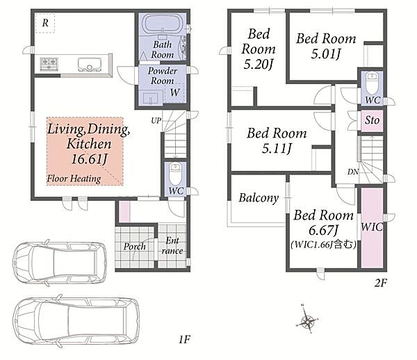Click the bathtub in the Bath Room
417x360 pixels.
point(162,24)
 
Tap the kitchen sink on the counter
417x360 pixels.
point(90,65)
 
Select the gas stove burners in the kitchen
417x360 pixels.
point(49,64)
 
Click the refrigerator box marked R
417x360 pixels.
point(45,23)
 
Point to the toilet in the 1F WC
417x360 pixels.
point(175,174)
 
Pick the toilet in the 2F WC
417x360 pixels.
point(372,83)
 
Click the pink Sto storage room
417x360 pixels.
point(372,120)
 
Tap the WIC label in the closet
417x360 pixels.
point(372,227)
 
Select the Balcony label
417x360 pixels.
point(259,198)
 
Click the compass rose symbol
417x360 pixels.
point(308,322)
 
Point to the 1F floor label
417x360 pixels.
point(184,340)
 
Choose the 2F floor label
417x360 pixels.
point(381,283)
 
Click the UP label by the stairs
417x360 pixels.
point(156,120)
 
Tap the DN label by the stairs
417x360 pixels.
point(353,172)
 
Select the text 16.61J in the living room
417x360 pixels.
point(90,159)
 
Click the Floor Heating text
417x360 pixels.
point(74,179)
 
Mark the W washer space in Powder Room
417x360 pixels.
point(174,92)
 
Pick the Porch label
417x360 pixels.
point(135,247)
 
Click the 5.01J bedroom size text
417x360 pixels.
point(326,54)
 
